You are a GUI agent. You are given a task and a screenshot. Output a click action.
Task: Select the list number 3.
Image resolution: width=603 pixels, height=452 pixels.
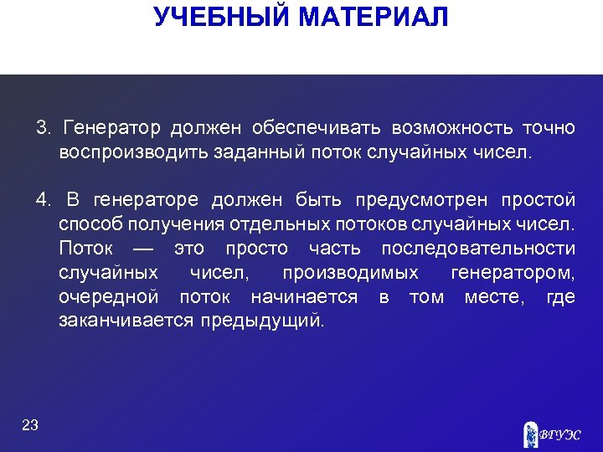coord(44,128)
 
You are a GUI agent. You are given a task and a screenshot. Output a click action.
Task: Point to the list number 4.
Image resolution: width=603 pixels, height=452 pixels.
coord(44,200)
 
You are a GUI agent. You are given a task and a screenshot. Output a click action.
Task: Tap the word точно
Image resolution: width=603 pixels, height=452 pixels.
coord(549,128)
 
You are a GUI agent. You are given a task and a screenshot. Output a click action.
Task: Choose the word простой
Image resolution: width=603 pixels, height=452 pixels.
coord(538,200)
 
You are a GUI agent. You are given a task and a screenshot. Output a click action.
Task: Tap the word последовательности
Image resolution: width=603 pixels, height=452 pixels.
coord(478,249)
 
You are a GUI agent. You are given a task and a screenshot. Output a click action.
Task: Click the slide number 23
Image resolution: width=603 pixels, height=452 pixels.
coord(30,425)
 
